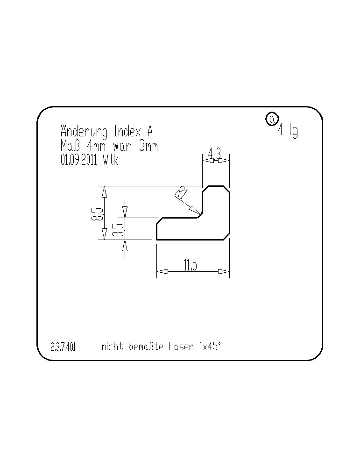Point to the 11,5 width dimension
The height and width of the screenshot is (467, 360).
point(191,265)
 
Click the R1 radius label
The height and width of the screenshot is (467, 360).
point(181,193)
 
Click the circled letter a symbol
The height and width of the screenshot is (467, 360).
point(272,119)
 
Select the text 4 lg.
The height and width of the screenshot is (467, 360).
point(289,130)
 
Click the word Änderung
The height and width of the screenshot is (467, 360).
point(84,131)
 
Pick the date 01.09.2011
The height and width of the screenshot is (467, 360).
point(78,160)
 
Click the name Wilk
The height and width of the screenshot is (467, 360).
point(111,160)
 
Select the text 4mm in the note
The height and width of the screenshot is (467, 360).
point(96,146)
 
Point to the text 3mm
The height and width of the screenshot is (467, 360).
point(148,146)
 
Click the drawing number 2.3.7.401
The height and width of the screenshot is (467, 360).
point(63,347)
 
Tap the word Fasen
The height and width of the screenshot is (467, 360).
point(181,347)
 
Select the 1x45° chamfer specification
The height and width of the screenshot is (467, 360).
point(210,347)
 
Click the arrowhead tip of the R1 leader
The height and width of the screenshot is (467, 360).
point(200,214)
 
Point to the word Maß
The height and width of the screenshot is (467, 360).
point(70,146)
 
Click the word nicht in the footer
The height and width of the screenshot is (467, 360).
point(112,347)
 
